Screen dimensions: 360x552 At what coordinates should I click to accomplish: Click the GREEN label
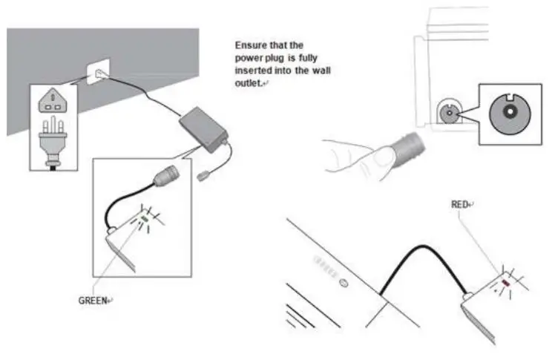(x=93, y=301)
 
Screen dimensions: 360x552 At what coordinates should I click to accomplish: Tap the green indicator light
(x=145, y=219)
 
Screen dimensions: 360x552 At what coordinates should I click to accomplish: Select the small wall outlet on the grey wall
(x=99, y=73)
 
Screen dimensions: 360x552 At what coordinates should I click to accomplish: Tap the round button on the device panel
(x=342, y=283)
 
